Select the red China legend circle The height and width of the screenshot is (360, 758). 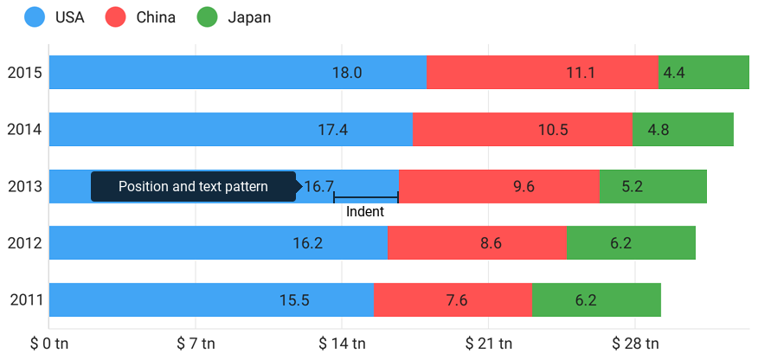[115, 17]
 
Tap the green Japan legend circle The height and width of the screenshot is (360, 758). [207, 17]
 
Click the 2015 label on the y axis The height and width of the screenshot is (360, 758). [23, 73]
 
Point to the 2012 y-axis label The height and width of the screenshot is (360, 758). [23, 243]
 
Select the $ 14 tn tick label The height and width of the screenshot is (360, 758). [342, 344]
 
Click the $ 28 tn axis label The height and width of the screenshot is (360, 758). [635, 344]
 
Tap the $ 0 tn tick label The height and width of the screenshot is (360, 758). [49, 344]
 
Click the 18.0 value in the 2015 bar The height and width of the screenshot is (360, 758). [347, 73]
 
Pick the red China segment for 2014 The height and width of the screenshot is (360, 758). [523, 130]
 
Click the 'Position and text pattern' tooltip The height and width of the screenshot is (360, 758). [193, 186]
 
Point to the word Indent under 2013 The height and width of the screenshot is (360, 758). [365, 212]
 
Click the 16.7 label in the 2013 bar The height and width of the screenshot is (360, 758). [318, 186]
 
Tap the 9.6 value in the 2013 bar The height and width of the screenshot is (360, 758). [524, 186]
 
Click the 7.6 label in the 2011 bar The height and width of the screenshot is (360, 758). [457, 300]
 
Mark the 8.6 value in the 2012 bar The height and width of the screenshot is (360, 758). [491, 243]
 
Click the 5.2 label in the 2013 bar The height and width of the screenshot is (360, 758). [632, 186]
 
